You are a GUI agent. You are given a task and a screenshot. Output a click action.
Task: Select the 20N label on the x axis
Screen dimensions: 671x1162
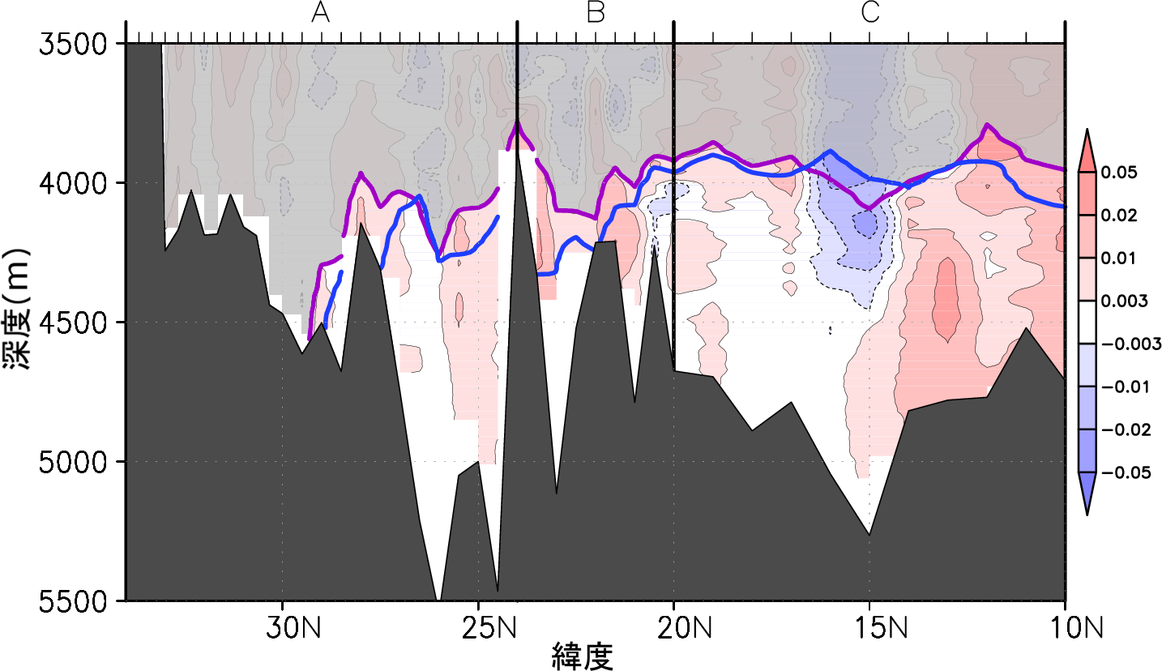click(674, 627)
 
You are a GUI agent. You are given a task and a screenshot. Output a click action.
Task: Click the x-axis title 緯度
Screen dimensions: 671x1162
click(581, 656)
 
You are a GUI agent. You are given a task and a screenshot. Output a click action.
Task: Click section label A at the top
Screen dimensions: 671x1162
click(321, 13)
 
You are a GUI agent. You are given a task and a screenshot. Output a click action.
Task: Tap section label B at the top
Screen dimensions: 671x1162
click(596, 13)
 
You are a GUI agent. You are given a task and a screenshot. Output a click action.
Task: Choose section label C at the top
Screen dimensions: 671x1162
click(870, 13)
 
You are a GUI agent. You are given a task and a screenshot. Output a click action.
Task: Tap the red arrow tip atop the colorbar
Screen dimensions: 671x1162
click(1087, 135)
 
